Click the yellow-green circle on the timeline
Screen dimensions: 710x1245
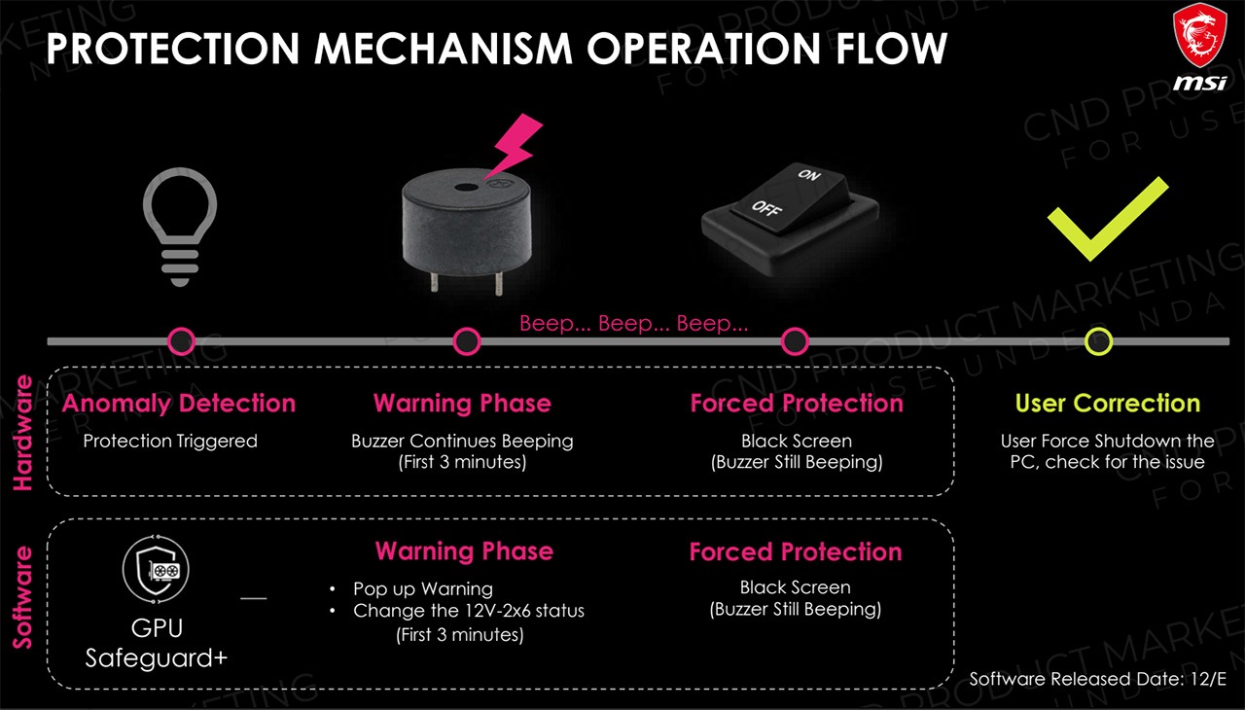1099,341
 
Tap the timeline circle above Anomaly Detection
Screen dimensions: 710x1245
182,341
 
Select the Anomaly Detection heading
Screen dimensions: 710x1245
179,404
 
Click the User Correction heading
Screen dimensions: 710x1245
1107,404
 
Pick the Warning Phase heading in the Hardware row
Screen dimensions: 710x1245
462,404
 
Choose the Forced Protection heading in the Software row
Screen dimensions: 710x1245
796,552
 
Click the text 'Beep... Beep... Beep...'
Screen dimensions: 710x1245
633,324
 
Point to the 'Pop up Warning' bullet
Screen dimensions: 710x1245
422,588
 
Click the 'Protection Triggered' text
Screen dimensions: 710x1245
170,442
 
